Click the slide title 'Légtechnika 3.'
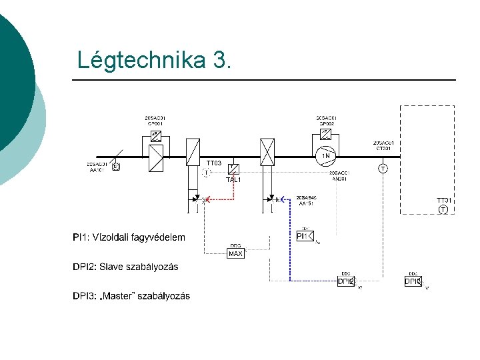155,61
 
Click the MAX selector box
235,254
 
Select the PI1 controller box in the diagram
303,235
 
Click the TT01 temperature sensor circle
443,210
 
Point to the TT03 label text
213,163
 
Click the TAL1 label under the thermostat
233,180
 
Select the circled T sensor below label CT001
383,169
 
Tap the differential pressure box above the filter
155,134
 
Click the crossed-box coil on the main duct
267,152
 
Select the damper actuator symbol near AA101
115,165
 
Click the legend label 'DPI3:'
85,296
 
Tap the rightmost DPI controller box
413,281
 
